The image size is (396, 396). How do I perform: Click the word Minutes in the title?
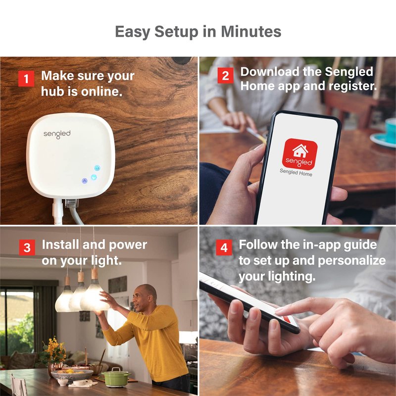(251, 32)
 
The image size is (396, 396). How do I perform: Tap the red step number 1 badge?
(26, 79)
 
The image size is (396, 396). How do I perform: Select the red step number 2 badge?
(225, 75)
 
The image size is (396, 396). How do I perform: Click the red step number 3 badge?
(27, 247)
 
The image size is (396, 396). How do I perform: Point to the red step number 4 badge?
(224, 247)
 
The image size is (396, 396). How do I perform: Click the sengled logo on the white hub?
(57, 134)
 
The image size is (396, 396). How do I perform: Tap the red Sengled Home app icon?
(299, 154)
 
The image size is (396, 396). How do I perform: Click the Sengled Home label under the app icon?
(296, 172)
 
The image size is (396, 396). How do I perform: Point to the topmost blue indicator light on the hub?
(97, 168)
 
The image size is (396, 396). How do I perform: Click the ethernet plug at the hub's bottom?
(71, 203)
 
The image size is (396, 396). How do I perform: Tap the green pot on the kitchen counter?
(116, 377)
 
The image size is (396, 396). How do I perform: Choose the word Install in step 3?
(60, 245)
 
